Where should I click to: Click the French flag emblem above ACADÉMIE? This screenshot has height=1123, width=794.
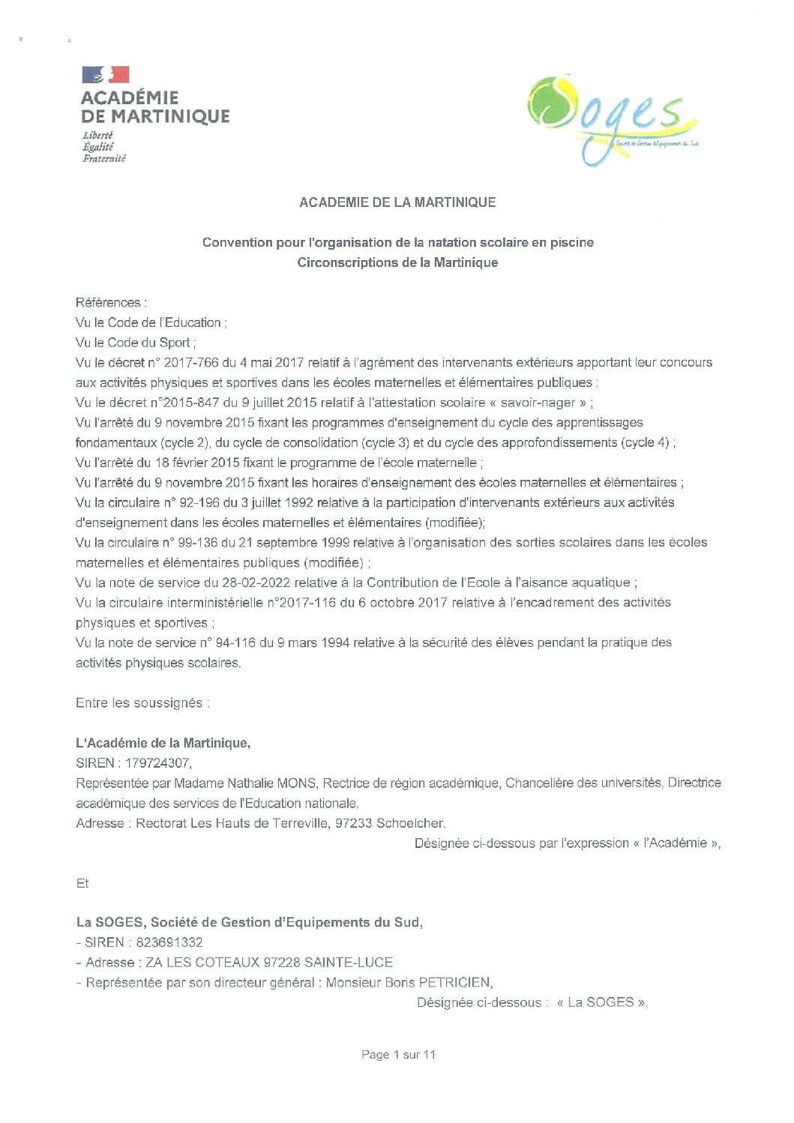coord(106,74)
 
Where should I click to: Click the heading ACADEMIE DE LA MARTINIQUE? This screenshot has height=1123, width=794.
coord(397,202)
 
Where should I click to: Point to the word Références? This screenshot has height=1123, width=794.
coord(108,303)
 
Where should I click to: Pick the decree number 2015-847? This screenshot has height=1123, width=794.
coord(192,403)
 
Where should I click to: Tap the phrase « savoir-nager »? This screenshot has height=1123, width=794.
coord(538,403)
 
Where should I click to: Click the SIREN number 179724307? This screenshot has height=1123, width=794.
coord(157,763)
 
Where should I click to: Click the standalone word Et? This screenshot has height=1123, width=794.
coord(82,884)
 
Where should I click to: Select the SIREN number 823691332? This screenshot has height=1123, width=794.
coord(169,942)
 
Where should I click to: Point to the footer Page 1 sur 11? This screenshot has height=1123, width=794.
coord(398,1055)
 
